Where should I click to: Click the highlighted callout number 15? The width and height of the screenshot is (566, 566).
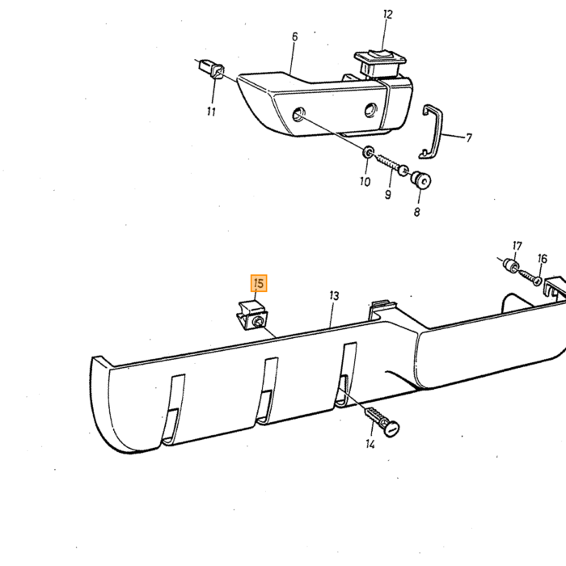point(259,283)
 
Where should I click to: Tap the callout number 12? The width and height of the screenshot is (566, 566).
point(387,15)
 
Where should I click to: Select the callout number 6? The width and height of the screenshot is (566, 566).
point(295,37)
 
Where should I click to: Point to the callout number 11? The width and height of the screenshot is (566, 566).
point(211,112)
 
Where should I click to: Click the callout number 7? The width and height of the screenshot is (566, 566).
point(468,138)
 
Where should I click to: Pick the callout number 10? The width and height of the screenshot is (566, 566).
point(365,182)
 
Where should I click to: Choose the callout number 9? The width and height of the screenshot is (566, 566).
point(387,195)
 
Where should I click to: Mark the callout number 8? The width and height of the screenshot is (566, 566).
point(417,212)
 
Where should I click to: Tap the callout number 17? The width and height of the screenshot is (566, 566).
point(517,246)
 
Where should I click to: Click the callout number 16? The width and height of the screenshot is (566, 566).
point(543,259)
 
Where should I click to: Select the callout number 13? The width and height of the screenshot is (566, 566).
point(334,296)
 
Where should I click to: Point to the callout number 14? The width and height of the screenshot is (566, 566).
point(370,444)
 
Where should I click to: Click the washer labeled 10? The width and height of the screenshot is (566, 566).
point(368,152)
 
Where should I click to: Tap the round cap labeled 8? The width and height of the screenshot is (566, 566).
point(421,180)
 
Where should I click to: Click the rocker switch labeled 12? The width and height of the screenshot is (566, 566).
point(381,63)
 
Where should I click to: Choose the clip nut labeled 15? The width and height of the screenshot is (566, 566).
point(252,315)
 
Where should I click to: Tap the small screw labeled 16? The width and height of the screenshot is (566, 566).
point(530,277)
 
